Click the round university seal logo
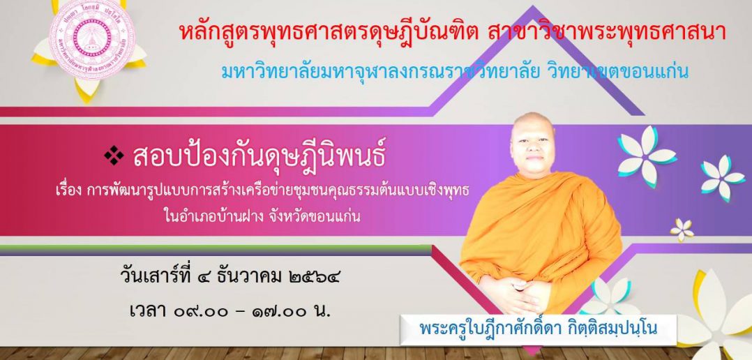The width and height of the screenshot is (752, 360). point(92,38)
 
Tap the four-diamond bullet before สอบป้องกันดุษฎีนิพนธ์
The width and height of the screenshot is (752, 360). point(114,156)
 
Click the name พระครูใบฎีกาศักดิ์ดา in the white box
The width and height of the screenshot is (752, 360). point(485,329)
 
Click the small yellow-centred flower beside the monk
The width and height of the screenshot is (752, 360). point(682,230)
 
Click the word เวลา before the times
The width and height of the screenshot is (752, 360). point(148,312)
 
